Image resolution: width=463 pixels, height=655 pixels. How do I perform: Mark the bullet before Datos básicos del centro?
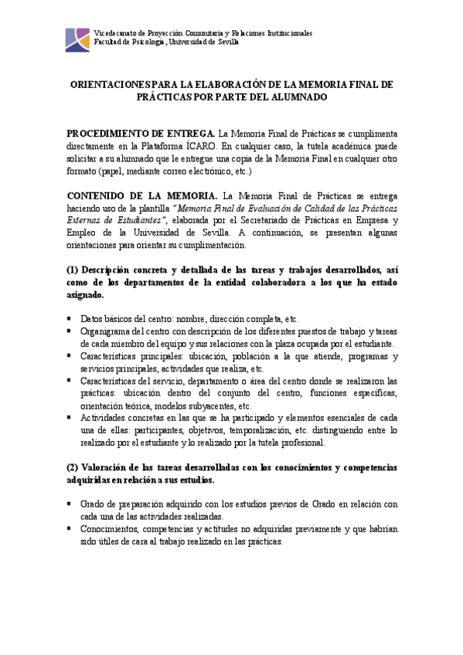click(x=70, y=318)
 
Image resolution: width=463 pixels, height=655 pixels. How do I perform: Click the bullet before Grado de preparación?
click(x=70, y=504)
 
